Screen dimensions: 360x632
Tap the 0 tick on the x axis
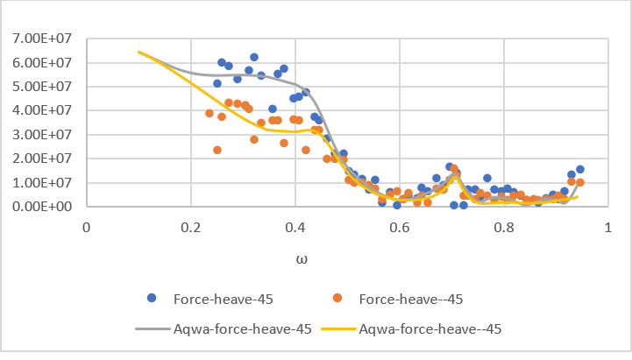pos(86,227)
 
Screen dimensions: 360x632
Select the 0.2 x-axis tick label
pos(190,227)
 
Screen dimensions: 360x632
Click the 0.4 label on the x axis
pos(295,227)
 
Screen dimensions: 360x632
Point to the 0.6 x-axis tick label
pos(399,227)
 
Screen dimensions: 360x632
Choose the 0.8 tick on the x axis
pos(503,227)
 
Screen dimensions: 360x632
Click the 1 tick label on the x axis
pos(607,227)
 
